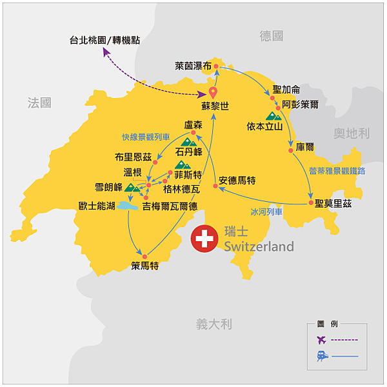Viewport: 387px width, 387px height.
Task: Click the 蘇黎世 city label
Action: coord(215,106)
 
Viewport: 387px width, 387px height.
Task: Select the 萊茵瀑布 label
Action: coord(193,66)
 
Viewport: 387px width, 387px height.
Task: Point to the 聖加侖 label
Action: coord(286,89)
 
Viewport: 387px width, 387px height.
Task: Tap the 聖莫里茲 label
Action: coord(334,203)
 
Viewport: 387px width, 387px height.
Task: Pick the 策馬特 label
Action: coord(144,265)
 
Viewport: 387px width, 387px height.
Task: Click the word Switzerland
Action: coord(259,246)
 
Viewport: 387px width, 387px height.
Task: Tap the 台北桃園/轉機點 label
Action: coord(104,40)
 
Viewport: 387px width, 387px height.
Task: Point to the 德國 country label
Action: coord(272,36)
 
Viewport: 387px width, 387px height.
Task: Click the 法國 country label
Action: coord(39,103)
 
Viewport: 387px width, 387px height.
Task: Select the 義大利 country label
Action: coord(214,324)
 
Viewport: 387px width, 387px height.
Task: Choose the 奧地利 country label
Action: coord(352,134)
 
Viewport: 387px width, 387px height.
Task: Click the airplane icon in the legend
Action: coord(321,339)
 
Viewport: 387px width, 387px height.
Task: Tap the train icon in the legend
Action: coord(321,355)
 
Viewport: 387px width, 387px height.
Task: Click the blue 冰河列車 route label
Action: coord(266,212)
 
